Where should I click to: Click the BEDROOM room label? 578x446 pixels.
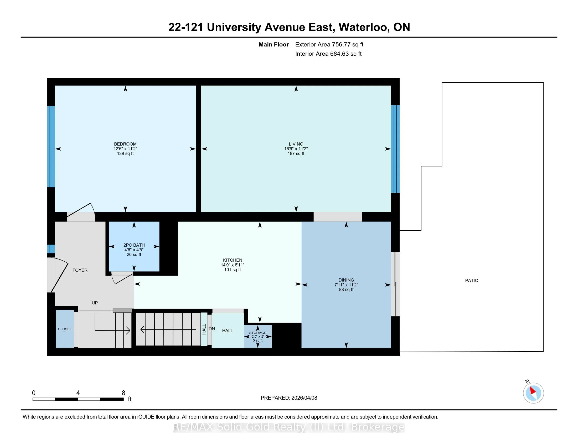(125, 144)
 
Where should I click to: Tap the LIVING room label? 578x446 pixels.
(296, 144)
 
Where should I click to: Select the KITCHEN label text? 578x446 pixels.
(232, 260)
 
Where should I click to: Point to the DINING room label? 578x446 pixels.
(346, 280)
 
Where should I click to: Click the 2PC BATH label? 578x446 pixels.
(134, 245)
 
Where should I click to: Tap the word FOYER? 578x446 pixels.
(80, 270)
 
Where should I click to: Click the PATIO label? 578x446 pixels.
(472, 280)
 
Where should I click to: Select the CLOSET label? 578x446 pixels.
(65, 329)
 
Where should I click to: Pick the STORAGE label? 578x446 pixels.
(257, 333)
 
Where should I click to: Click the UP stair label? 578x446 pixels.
(95, 303)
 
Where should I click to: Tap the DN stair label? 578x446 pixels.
(212, 329)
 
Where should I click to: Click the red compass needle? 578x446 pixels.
(533, 390)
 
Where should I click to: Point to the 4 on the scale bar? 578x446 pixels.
(78, 393)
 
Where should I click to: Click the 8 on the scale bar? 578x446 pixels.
(123, 393)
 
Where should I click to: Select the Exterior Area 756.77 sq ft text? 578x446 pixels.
(329, 44)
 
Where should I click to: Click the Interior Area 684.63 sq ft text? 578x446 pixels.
(328, 54)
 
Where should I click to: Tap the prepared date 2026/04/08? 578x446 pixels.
(304, 398)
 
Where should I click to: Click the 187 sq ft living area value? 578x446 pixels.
(296, 153)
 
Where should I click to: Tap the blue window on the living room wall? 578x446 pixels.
(395, 149)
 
